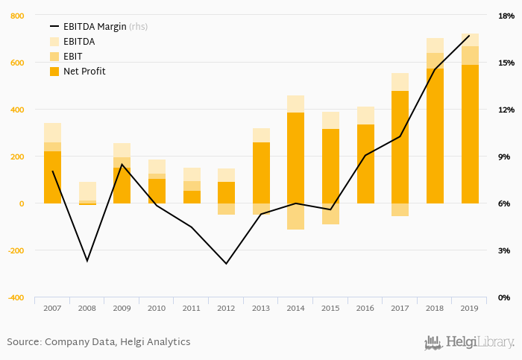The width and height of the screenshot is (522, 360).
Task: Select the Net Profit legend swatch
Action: click(54, 72)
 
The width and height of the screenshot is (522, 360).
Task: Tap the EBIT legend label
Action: click(72, 57)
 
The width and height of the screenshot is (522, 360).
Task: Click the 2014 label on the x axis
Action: click(295, 308)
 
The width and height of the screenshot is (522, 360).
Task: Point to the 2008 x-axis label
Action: click(87, 308)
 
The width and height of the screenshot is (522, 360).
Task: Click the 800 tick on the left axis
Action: click(17, 16)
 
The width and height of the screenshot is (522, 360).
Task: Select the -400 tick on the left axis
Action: click(16, 297)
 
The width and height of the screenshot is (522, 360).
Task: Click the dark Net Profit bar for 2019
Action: click(470, 134)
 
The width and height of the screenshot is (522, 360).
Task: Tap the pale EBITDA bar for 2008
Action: click(87, 191)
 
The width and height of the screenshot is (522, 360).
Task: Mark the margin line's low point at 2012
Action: click(226, 263)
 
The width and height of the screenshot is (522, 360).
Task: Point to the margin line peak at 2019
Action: click(469, 36)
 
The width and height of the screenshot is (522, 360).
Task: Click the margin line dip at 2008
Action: click(87, 261)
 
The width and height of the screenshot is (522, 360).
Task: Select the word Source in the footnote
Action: click(22, 342)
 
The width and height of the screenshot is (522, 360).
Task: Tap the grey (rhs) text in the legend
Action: click(139, 27)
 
